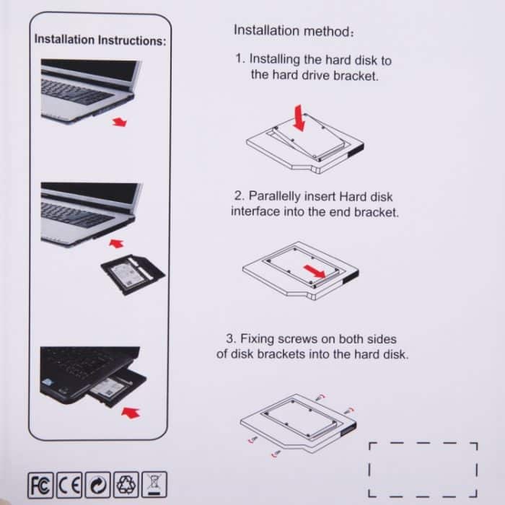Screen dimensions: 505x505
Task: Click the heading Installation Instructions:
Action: point(100,39)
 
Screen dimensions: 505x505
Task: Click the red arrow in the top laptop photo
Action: point(119,123)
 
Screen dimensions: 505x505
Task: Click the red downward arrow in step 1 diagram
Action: point(299,117)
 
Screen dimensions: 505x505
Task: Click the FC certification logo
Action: point(40,482)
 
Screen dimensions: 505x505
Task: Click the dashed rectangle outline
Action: point(423,469)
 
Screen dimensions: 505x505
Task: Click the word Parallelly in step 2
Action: point(276,196)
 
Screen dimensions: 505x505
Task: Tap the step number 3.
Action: point(229,338)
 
